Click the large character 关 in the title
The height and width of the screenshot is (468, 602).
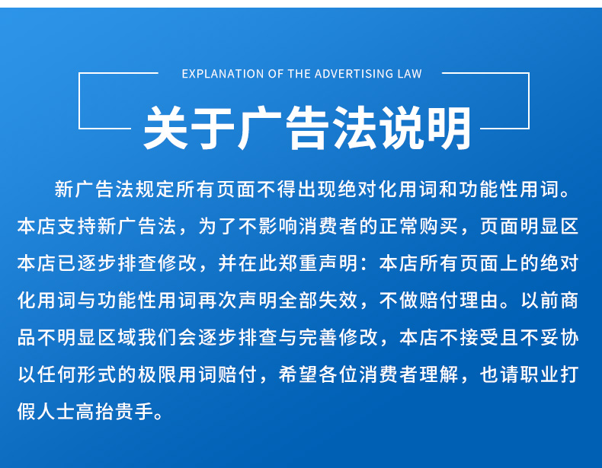click(166, 128)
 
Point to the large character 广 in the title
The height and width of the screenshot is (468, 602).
click(260, 128)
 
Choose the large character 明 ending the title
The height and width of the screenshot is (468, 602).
click(449, 128)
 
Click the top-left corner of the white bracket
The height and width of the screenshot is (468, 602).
click(79, 73)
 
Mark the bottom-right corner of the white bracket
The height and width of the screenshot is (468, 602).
click(529, 129)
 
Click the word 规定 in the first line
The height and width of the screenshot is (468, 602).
click(155, 189)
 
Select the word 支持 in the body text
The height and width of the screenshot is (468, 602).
click(77, 226)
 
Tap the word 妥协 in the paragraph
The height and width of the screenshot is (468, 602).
click(559, 338)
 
